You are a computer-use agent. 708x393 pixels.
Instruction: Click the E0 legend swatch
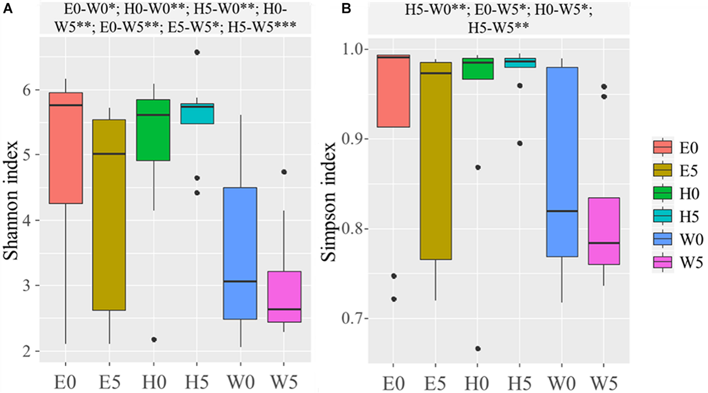pos(662,147)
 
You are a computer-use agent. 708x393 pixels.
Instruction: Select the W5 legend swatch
pos(662,262)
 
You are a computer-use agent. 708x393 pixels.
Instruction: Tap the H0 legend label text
pos(689,194)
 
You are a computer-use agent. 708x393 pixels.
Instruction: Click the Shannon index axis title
pos(11,200)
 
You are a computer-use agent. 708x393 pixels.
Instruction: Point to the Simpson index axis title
pos(329,202)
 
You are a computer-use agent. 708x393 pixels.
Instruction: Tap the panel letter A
pos(7,9)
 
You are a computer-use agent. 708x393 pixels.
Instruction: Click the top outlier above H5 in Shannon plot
pos(197,52)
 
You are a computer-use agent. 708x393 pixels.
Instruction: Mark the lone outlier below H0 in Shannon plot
pos(154,339)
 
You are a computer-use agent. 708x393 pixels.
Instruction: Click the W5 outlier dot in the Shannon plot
pos(284,172)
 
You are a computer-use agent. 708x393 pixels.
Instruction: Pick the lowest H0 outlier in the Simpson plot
pos(478,349)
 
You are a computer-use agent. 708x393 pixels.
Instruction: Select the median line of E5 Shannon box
pos(109,154)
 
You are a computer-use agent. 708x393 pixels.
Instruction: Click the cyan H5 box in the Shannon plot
pos(197,115)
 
